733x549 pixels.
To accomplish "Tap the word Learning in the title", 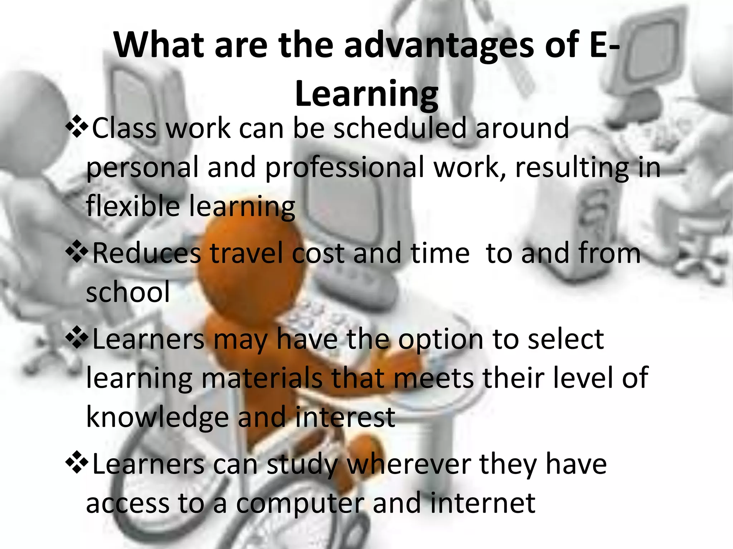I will (366, 94).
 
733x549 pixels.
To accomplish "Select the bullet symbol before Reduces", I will (77, 253).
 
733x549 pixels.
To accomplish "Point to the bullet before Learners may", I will (77, 339).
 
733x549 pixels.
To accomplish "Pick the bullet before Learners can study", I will (77, 464).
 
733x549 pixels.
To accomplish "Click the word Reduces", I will (146, 253).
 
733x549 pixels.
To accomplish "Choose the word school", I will (128, 292).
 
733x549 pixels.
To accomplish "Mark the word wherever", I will (408, 464).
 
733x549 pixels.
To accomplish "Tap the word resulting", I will (572, 167).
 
